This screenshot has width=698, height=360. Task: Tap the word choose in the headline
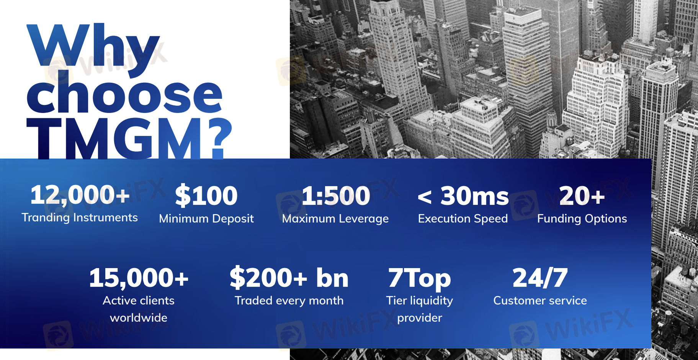pos(124,94)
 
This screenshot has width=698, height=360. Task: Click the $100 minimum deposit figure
pos(206,195)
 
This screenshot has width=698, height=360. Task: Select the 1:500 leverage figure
pos(336,196)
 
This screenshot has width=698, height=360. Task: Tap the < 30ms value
pos(463,196)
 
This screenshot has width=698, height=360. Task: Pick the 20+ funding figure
pos(582,196)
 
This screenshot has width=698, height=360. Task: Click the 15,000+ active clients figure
pos(139,278)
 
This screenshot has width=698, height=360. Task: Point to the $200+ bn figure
pos(289,278)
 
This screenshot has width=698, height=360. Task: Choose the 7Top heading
pos(420,279)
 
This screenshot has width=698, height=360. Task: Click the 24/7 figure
pos(540,278)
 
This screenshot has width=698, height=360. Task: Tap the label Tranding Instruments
pos(80,218)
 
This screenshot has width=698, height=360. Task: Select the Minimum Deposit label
pos(206,219)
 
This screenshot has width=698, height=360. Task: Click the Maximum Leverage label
pos(335,219)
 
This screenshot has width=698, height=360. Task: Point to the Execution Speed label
pos(463,219)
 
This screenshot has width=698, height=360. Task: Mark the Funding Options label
pos(582,219)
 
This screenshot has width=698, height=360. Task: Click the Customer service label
pos(540,301)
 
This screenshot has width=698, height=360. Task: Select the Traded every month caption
pos(289,301)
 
